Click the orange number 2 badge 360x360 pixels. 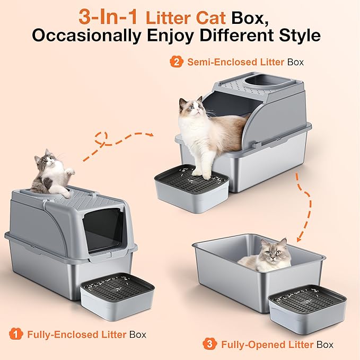click(x=175, y=62)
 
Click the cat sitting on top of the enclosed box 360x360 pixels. click(x=50, y=172)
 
